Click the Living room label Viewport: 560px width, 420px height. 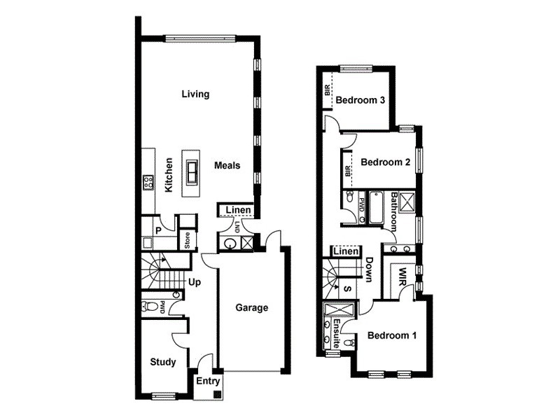pos(195,94)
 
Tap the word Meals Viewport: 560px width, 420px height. pos(227,166)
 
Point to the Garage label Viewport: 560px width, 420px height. pos(251,307)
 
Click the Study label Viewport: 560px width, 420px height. pos(163,362)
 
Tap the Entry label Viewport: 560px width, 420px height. pos(208,381)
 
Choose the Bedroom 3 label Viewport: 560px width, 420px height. pos(360,100)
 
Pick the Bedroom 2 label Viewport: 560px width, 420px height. pos(385,162)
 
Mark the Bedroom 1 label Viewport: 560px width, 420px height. pos(392,335)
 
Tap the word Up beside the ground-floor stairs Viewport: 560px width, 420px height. pos(195,283)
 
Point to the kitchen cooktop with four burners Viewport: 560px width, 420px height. pos(148,183)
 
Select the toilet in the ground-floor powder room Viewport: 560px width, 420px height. pos(148,306)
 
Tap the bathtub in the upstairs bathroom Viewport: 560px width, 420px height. pos(376,208)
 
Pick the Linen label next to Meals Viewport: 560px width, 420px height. pos(239,210)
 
